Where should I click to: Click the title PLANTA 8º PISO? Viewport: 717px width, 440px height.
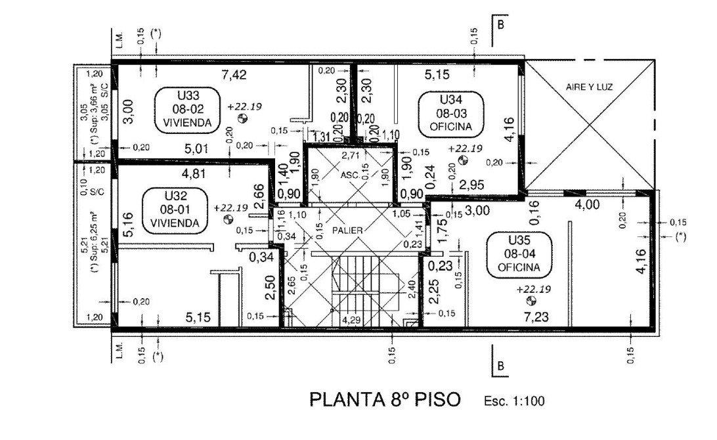pos(385,399)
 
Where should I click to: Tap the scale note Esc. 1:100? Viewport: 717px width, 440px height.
pos(513,401)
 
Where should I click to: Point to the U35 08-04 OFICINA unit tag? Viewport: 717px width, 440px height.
pos(519,254)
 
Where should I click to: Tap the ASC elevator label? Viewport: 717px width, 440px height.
pos(349,175)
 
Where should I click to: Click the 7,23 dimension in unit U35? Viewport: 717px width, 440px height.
pos(536,317)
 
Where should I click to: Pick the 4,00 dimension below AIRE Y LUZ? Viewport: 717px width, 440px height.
pos(587,205)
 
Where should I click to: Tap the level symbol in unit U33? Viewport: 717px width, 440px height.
pos(242,119)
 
